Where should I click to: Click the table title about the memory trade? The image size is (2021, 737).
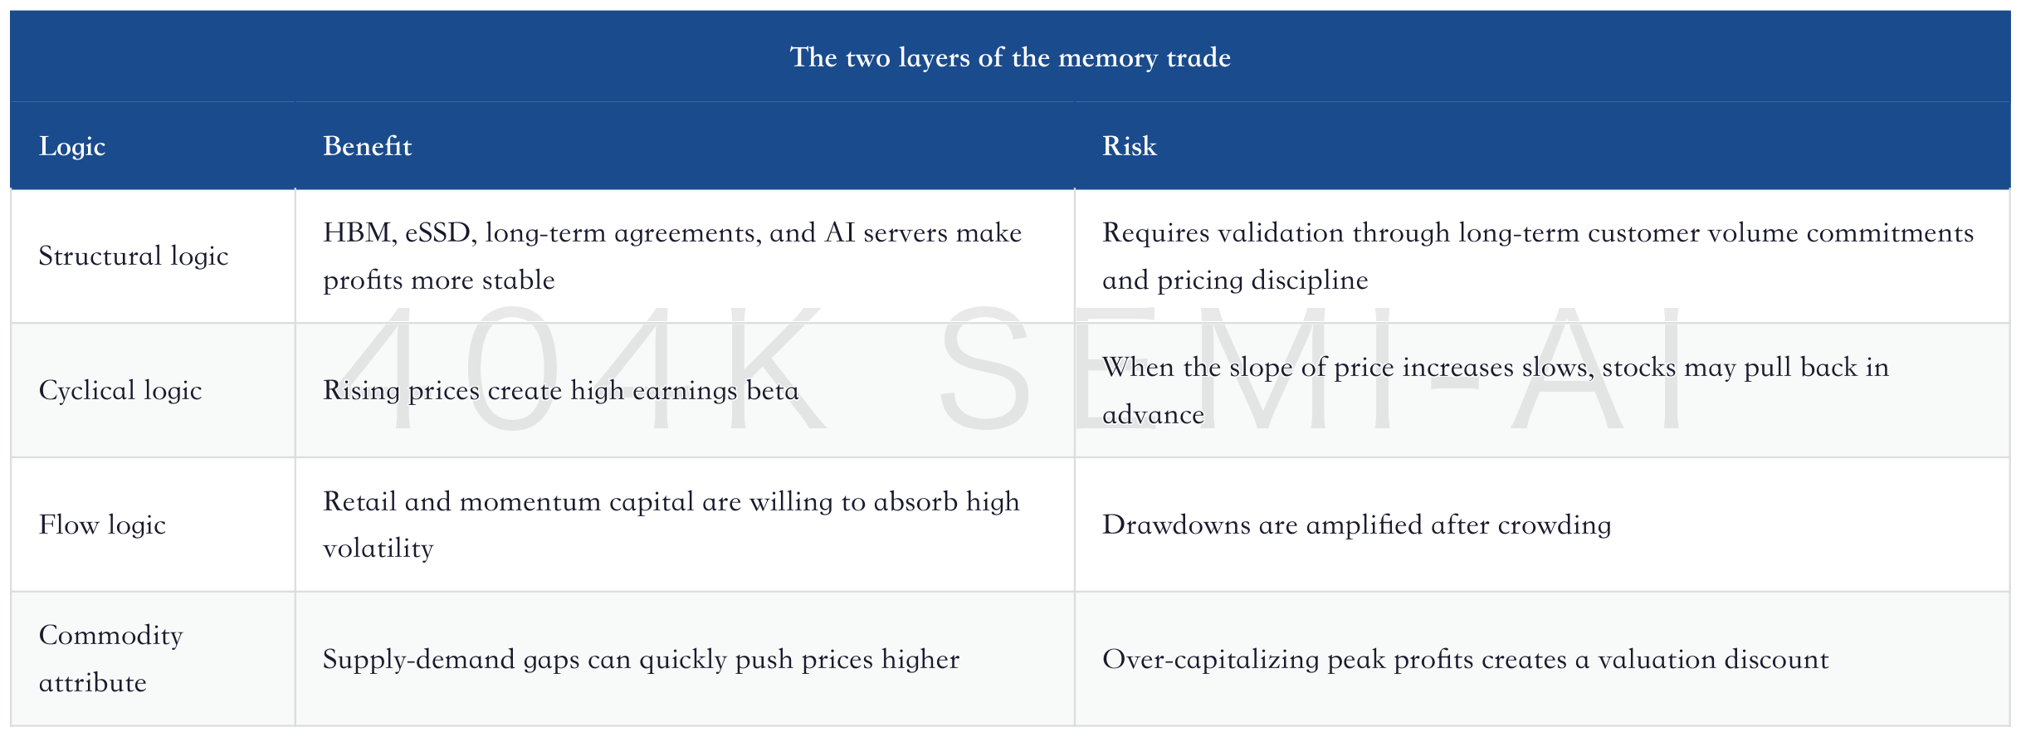tap(1010, 57)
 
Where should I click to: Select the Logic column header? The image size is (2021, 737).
tap(72, 147)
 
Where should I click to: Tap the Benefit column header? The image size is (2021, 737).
tap(367, 146)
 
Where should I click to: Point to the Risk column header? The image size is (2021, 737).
tap(1129, 146)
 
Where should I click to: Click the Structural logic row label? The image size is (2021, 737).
tap(134, 256)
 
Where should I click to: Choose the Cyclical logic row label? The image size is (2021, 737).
tap(120, 390)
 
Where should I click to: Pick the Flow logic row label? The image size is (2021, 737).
tap(102, 525)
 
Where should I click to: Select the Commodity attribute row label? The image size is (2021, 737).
tap(110, 659)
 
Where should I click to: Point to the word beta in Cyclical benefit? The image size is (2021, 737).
tap(772, 390)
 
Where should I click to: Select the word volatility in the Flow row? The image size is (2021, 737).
tap(378, 549)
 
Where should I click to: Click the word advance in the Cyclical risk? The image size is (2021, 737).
tap(1153, 414)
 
